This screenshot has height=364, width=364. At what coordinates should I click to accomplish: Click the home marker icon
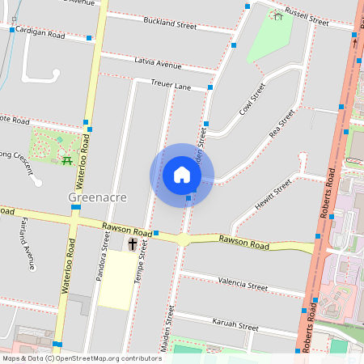(x=182, y=175)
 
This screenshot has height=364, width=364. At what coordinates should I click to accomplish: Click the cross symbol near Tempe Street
(x=133, y=243)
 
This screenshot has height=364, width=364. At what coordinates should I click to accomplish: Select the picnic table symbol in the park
(x=67, y=159)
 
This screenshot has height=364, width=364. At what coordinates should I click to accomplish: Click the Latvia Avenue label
(x=158, y=64)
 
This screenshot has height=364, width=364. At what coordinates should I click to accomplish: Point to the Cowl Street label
(x=252, y=101)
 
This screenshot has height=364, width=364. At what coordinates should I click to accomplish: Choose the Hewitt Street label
(x=273, y=194)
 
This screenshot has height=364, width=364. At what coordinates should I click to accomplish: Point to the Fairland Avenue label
(x=28, y=243)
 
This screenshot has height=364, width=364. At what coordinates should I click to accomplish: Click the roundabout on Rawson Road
(x=184, y=239)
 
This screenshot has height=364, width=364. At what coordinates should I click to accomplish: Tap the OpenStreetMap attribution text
(x=81, y=358)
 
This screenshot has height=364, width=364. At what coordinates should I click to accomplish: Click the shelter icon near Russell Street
(x=278, y=14)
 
